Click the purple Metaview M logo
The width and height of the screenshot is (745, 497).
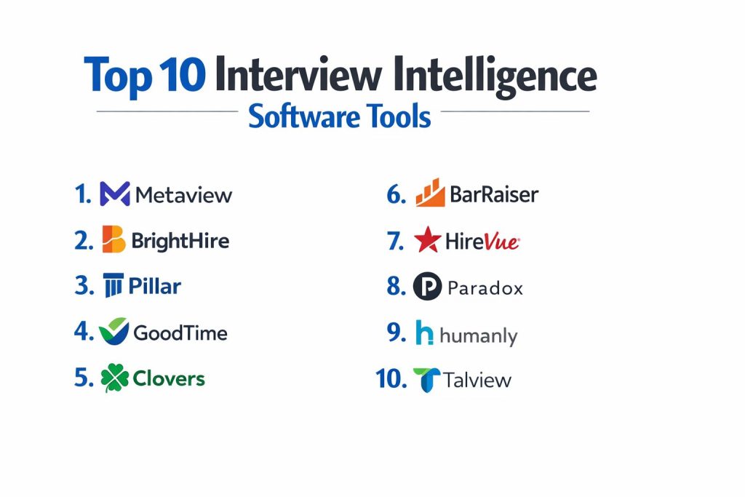[x=115, y=194]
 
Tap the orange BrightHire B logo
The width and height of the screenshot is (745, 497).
[x=114, y=239]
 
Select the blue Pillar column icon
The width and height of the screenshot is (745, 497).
[x=113, y=285]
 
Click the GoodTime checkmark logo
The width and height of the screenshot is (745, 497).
[x=114, y=331]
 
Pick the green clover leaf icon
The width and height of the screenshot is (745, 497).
[x=115, y=378]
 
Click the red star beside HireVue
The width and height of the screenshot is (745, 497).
[x=428, y=239]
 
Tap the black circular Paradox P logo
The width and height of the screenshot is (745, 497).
[x=428, y=286]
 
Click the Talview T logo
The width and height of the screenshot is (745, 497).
[x=426, y=380]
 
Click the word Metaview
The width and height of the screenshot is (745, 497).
[x=184, y=195]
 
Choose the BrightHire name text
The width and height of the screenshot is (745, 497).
[x=180, y=241]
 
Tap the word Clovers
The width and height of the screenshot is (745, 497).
[x=169, y=378]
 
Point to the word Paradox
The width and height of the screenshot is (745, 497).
[x=485, y=288]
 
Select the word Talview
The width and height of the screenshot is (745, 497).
[x=477, y=380]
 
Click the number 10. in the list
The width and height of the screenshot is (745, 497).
[x=391, y=378]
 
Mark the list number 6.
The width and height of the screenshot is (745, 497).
[x=397, y=194]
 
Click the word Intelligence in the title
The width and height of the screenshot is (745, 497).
[x=495, y=76]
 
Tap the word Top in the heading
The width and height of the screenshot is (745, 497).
[x=118, y=76]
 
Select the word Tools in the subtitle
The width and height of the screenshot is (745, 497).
[x=398, y=116]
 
